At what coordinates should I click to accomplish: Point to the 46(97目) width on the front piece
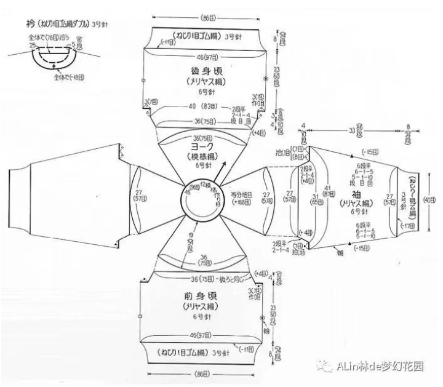pos(199,335)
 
